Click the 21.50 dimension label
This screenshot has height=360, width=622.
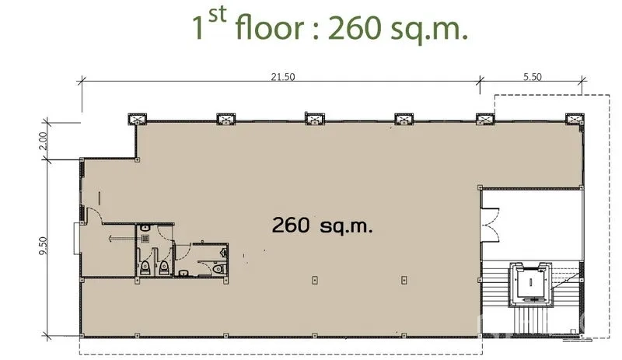tap(283, 77)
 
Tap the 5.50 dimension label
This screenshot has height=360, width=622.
tap(532, 77)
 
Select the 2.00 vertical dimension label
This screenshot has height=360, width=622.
tap(44, 140)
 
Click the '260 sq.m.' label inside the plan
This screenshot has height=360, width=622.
tap(322, 225)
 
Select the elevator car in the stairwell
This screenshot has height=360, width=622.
tap(531, 283)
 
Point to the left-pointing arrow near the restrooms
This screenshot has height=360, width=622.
tap(121, 239)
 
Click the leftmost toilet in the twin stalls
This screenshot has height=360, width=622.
tap(145, 268)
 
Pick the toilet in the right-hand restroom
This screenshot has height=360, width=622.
tap(218, 270)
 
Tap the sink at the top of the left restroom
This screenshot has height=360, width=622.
tap(145, 229)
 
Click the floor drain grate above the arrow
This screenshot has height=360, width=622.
tap(145, 239)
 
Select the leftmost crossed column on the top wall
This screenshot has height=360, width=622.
tap(138, 119)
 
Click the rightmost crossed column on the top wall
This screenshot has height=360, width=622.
tap(575, 119)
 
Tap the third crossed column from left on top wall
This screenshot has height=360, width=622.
tap(315, 119)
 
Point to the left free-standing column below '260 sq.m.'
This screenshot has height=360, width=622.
tap(315, 280)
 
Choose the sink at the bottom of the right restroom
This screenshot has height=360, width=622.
tap(183, 273)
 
